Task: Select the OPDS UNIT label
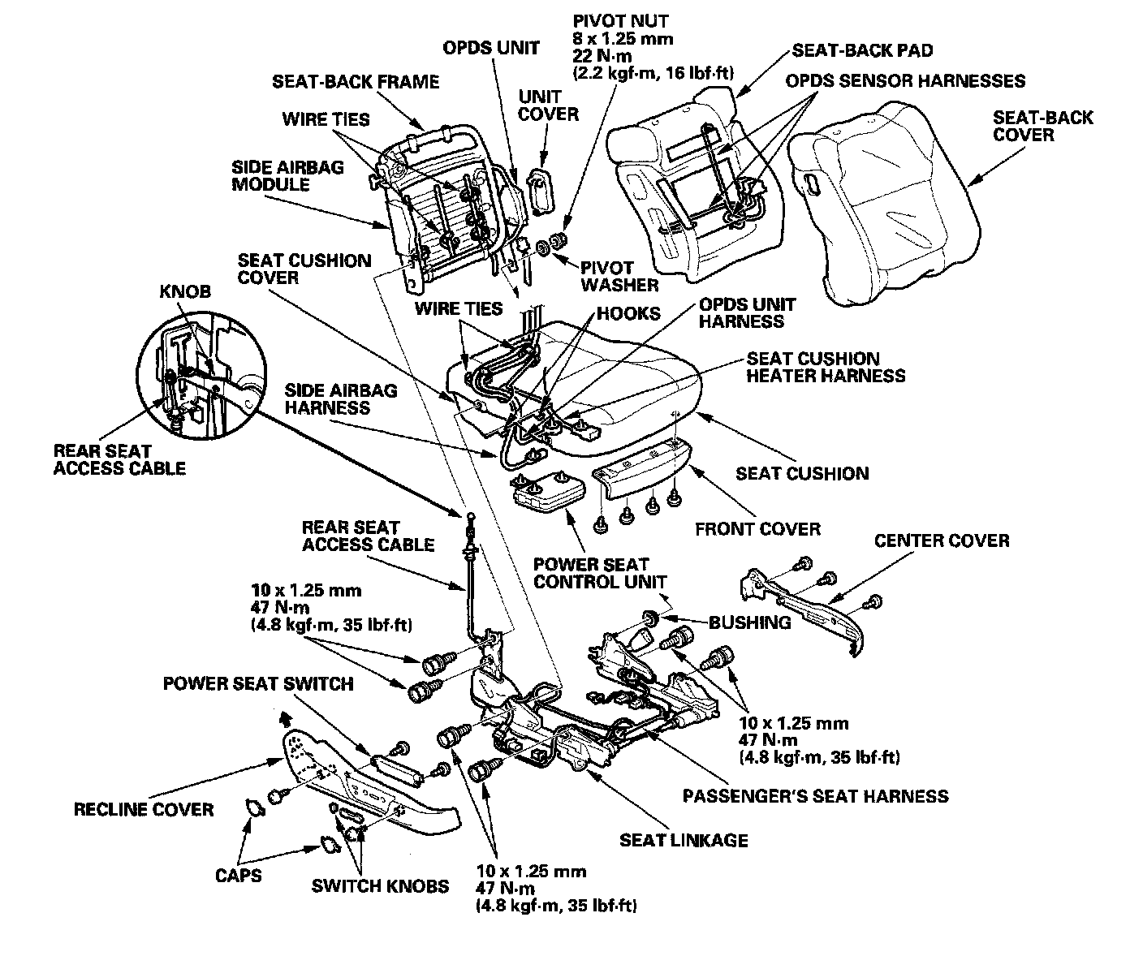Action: click(490, 48)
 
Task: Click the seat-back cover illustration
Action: click(885, 211)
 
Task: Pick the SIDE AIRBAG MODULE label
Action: click(287, 176)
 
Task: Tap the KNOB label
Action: click(184, 291)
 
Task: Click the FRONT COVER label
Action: click(757, 529)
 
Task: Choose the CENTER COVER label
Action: click(942, 540)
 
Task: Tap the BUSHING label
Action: click(749, 622)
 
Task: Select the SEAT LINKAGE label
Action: click(684, 840)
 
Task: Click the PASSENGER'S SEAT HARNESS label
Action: click(814, 795)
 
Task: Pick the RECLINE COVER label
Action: click(143, 809)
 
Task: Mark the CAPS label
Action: click(239, 876)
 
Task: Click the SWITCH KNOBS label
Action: click(380, 885)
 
